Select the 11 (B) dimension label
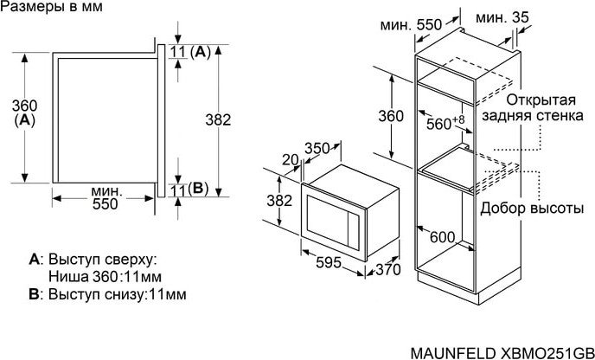pos(189,190)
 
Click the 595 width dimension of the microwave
pos(329,263)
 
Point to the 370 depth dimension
pos(388,269)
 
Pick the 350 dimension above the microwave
pos(317,148)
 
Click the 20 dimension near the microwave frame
pos(291,160)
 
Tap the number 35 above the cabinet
pos(520,17)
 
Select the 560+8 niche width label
pos(445,123)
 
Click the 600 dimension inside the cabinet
pos(443,237)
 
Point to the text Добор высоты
pos(532,208)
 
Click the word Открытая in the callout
pos(541,100)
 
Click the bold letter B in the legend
pos(34,294)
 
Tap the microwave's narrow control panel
pos(354,232)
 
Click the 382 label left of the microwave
pos(279,200)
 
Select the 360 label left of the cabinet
pos(391,116)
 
